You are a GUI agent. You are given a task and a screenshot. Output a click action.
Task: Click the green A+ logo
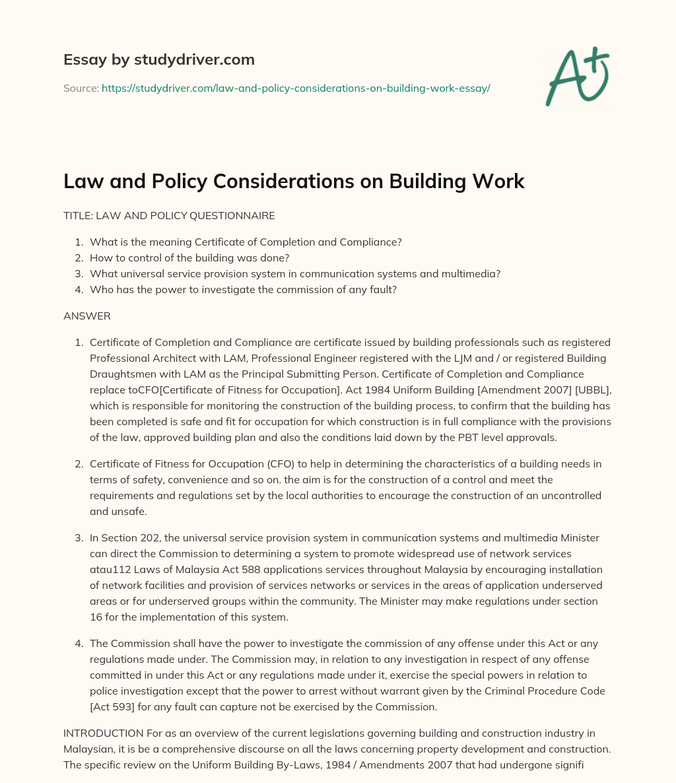pos(576,77)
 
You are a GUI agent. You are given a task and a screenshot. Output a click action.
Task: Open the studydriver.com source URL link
pos(295,88)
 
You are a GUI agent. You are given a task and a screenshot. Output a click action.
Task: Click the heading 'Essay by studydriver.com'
pos(158,59)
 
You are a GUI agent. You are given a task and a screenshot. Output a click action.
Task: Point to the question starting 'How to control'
pos(189,257)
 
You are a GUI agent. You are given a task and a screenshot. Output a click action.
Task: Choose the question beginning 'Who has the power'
pos(243,289)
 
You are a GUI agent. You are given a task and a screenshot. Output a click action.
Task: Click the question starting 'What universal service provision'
pos(295,273)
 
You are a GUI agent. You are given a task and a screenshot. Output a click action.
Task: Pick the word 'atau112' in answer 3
pos(107,569)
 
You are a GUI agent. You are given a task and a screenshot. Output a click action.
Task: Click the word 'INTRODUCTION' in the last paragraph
pos(103,733)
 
